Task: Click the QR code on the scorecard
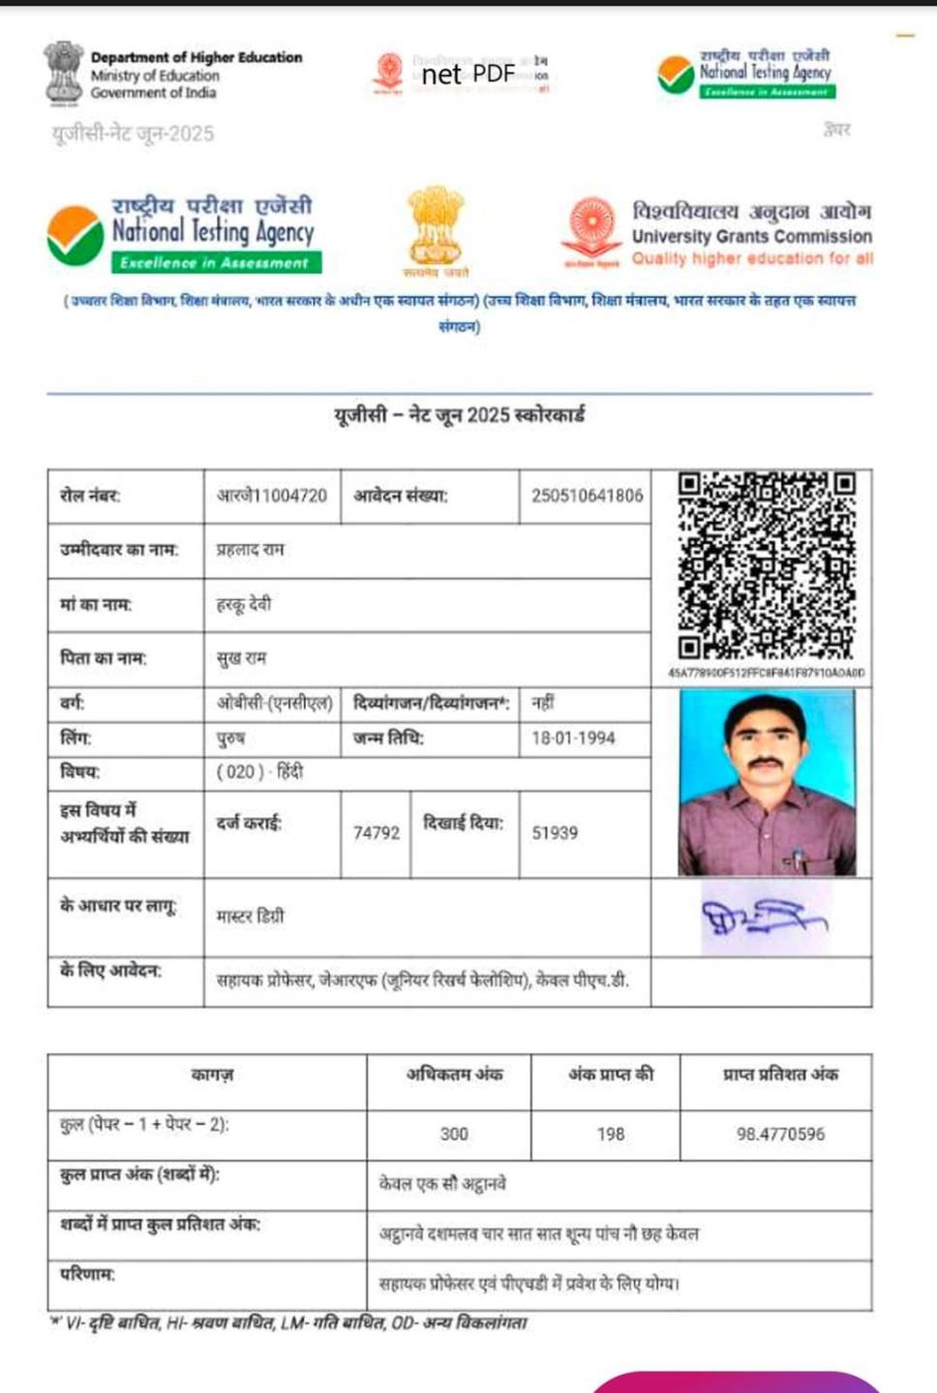[x=766, y=565]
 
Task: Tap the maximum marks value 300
[x=454, y=1134]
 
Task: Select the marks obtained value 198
[x=611, y=1134]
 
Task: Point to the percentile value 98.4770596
[x=780, y=1134]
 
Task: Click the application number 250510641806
[x=587, y=496]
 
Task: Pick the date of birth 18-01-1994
[x=573, y=738]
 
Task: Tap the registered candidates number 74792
[x=377, y=833]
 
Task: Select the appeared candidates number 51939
[x=555, y=833]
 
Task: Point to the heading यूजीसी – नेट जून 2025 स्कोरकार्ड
[x=460, y=415]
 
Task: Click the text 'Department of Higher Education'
[x=196, y=57]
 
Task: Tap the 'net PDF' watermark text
[x=468, y=74]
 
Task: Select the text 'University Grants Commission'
[x=752, y=236]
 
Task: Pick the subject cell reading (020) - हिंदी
[x=259, y=772]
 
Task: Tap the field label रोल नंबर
[x=90, y=496]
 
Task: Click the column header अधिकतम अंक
[x=454, y=1074]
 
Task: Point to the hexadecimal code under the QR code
[x=766, y=673]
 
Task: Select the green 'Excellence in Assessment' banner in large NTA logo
[x=216, y=262]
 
